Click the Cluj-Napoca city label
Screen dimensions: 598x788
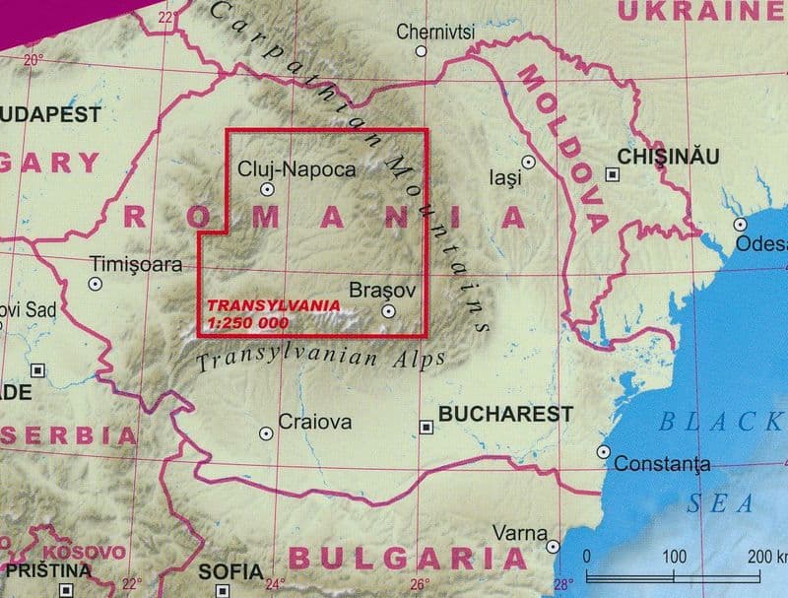pyautogui.click(x=296, y=169)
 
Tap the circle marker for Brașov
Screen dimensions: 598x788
pyautogui.click(x=388, y=311)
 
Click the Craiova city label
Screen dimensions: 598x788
pyautogui.click(x=315, y=422)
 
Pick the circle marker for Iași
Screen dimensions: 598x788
pyautogui.click(x=529, y=162)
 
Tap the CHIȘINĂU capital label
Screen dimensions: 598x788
pyautogui.click(x=668, y=157)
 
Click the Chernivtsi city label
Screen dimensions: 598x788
pyautogui.click(x=435, y=32)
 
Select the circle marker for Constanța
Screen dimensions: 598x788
pyautogui.click(x=604, y=451)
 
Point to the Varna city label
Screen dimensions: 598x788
pyautogui.click(x=519, y=533)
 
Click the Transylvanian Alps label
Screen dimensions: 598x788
pyautogui.click(x=320, y=360)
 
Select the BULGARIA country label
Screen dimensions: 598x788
pyautogui.click(x=408, y=559)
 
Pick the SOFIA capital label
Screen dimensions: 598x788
pyautogui.click(x=230, y=571)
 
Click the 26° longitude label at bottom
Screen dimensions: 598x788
pyautogui.click(x=421, y=585)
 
